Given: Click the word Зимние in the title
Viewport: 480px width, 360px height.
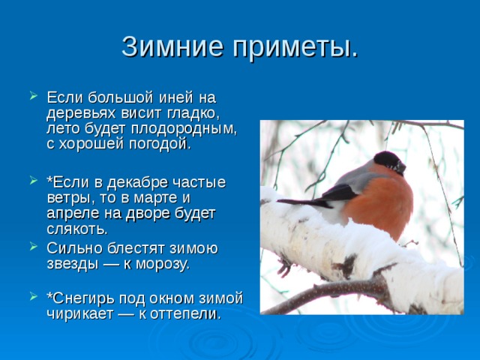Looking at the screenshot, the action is [172, 46].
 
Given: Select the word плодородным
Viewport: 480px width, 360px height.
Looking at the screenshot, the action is [184, 129].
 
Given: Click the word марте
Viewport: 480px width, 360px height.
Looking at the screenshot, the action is [156, 198].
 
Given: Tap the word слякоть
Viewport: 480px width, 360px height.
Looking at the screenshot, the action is [77, 229].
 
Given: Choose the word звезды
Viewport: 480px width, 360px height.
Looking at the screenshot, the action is [73, 264].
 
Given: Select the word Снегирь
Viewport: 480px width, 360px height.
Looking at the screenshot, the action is [83, 298].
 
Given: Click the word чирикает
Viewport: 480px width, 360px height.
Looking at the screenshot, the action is [80, 314].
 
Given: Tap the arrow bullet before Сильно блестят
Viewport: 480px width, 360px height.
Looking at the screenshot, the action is [33, 246].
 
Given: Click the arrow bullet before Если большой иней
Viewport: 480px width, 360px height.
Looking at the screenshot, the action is [33, 95].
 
